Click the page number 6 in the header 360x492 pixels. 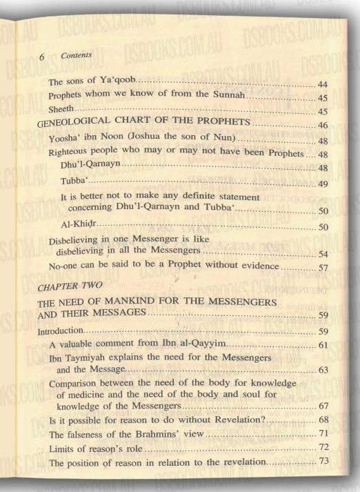41,58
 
